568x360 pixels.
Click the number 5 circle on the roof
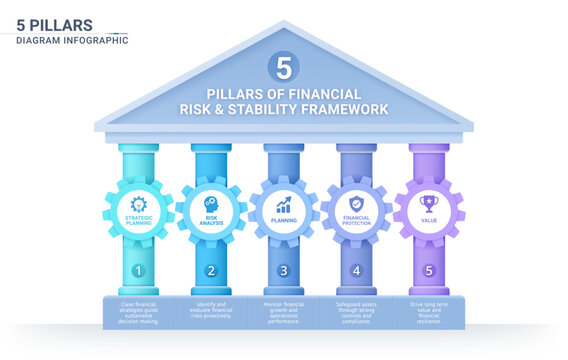tap(284, 67)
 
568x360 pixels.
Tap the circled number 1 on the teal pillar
tap(138, 270)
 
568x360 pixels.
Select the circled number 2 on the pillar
tap(211, 270)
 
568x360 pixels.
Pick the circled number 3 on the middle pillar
tap(284, 270)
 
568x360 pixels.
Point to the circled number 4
tap(357, 270)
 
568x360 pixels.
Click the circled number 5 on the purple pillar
tap(429, 270)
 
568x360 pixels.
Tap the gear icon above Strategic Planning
tap(138, 203)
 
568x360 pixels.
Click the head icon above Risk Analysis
tap(211, 202)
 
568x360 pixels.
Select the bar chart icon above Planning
tap(284, 203)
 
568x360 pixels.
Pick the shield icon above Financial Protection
tap(357, 203)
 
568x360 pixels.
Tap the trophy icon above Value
tap(429, 203)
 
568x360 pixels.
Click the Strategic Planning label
tap(138, 219)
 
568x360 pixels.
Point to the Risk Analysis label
tap(211, 219)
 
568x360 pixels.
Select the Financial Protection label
tap(357, 219)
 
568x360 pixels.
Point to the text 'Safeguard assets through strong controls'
tap(357, 310)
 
